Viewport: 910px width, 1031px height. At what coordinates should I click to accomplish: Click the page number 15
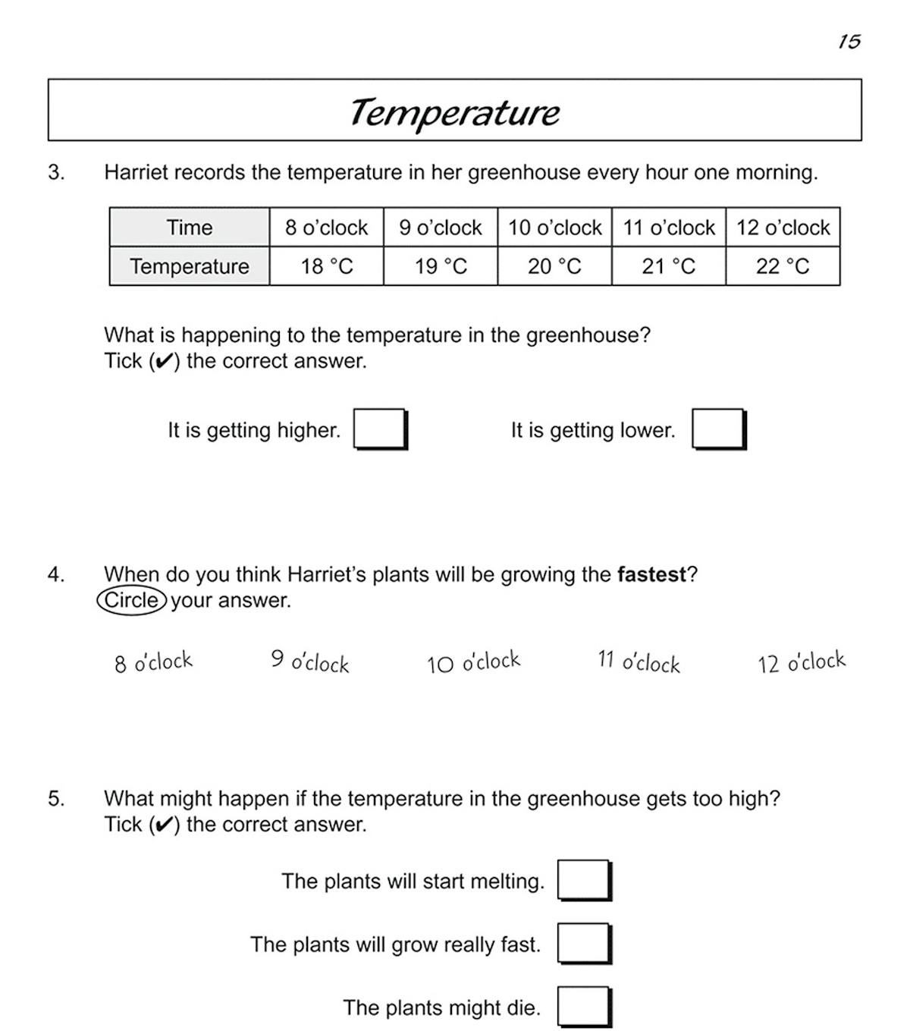coord(849,42)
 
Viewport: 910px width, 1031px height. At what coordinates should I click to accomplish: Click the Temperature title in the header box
coord(454,112)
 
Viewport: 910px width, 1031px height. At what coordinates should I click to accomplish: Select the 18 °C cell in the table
coord(327,266)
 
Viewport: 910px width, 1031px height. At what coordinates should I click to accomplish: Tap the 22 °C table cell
coord(783,266)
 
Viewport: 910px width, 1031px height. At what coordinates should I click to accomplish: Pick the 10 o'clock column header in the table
coord(554,228)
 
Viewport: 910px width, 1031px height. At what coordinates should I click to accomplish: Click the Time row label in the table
coord(190,228)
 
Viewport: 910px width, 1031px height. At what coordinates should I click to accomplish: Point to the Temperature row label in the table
coord(190,266)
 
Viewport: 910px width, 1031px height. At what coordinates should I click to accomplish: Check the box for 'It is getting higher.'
coord(379,429)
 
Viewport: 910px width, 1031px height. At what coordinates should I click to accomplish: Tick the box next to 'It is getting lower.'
coord(717,429)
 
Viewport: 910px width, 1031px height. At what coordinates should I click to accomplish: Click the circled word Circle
coord(132,600)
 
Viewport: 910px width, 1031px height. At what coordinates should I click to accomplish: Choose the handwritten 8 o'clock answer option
coord(154,662)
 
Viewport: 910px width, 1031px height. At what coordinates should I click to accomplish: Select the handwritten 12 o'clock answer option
coord(801,662)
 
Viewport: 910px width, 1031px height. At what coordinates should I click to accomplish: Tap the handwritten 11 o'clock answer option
coord(639,662)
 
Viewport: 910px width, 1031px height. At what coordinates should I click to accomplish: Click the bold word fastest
coord(651,574)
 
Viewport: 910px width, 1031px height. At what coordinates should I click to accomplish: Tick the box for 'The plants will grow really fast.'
coord(583,943)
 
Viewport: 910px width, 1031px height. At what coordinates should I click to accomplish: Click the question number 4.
coord(56,574)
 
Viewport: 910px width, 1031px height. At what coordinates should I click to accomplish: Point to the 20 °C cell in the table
coord(554,266)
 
